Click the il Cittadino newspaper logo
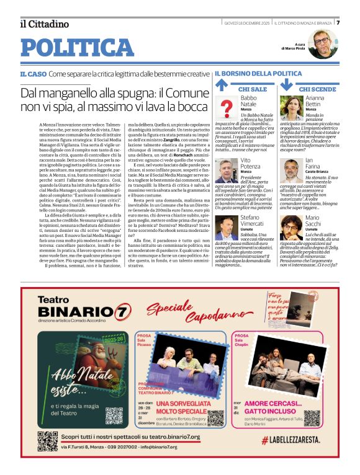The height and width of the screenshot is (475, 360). (x=44, y=24)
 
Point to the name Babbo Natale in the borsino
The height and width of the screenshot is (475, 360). (x=248, y=101)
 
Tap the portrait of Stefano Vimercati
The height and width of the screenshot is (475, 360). (x=226, y=227)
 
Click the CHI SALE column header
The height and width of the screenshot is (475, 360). (x=252, y=89)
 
